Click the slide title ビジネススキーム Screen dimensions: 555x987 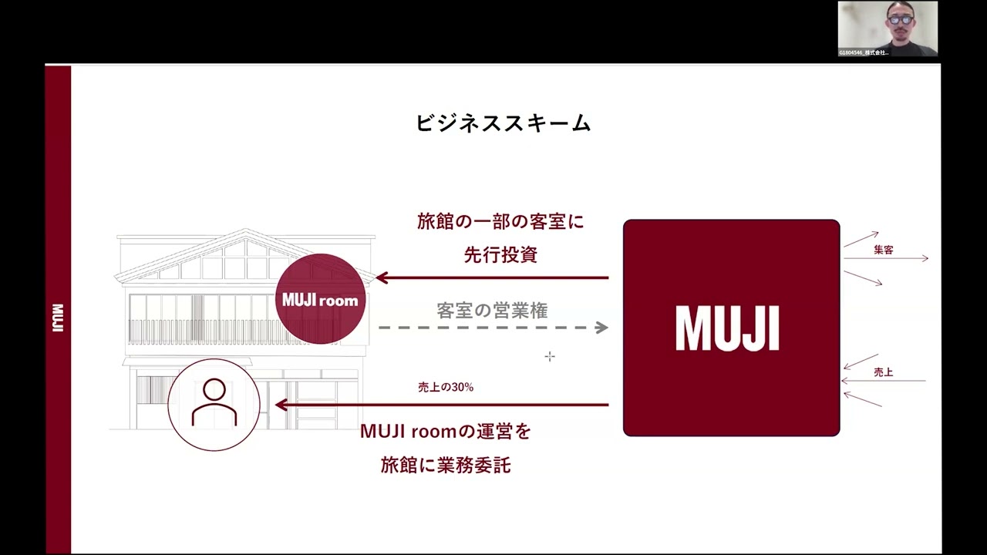tap(504, 123)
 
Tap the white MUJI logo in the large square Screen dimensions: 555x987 tap(727, 328)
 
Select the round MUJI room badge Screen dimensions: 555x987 tap(320, 299)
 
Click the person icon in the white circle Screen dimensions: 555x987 tap(214, 404)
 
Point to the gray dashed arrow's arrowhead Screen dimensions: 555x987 tap(602, 328)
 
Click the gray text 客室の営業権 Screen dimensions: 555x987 tap(492, 311)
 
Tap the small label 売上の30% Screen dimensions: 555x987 tap(446, 388)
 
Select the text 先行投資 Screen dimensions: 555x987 tap(500, 255)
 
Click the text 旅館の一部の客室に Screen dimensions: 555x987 tap(500, 222)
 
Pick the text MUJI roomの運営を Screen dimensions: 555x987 tap(446, 432)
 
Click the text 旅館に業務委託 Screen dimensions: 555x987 tap(446, 466)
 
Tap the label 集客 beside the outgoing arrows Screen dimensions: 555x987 tap(884, 251)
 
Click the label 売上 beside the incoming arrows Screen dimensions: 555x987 tap(884, 372)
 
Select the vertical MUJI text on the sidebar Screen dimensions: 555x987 tap(58, 318)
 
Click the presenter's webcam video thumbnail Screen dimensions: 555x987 tap(888, 29)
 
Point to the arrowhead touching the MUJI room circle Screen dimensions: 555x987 tap(381, 277)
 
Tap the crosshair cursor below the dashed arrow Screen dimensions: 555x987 tap(550, 356)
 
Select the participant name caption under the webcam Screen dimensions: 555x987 tap(864, 52)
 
